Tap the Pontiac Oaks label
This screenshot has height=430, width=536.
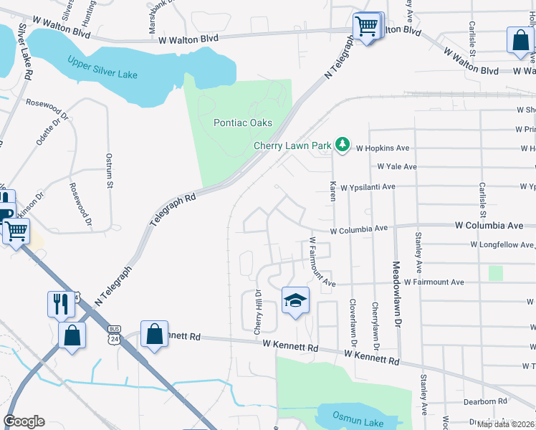243,123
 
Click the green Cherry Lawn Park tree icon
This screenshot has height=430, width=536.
343,145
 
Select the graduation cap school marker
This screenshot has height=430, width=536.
295,301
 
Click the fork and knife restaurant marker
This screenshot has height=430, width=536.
61,305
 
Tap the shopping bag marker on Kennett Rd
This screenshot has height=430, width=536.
155,334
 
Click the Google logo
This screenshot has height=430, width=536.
24,421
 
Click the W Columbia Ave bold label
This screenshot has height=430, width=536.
489,225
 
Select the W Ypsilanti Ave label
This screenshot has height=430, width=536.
368,186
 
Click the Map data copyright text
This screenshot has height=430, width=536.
505,424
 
